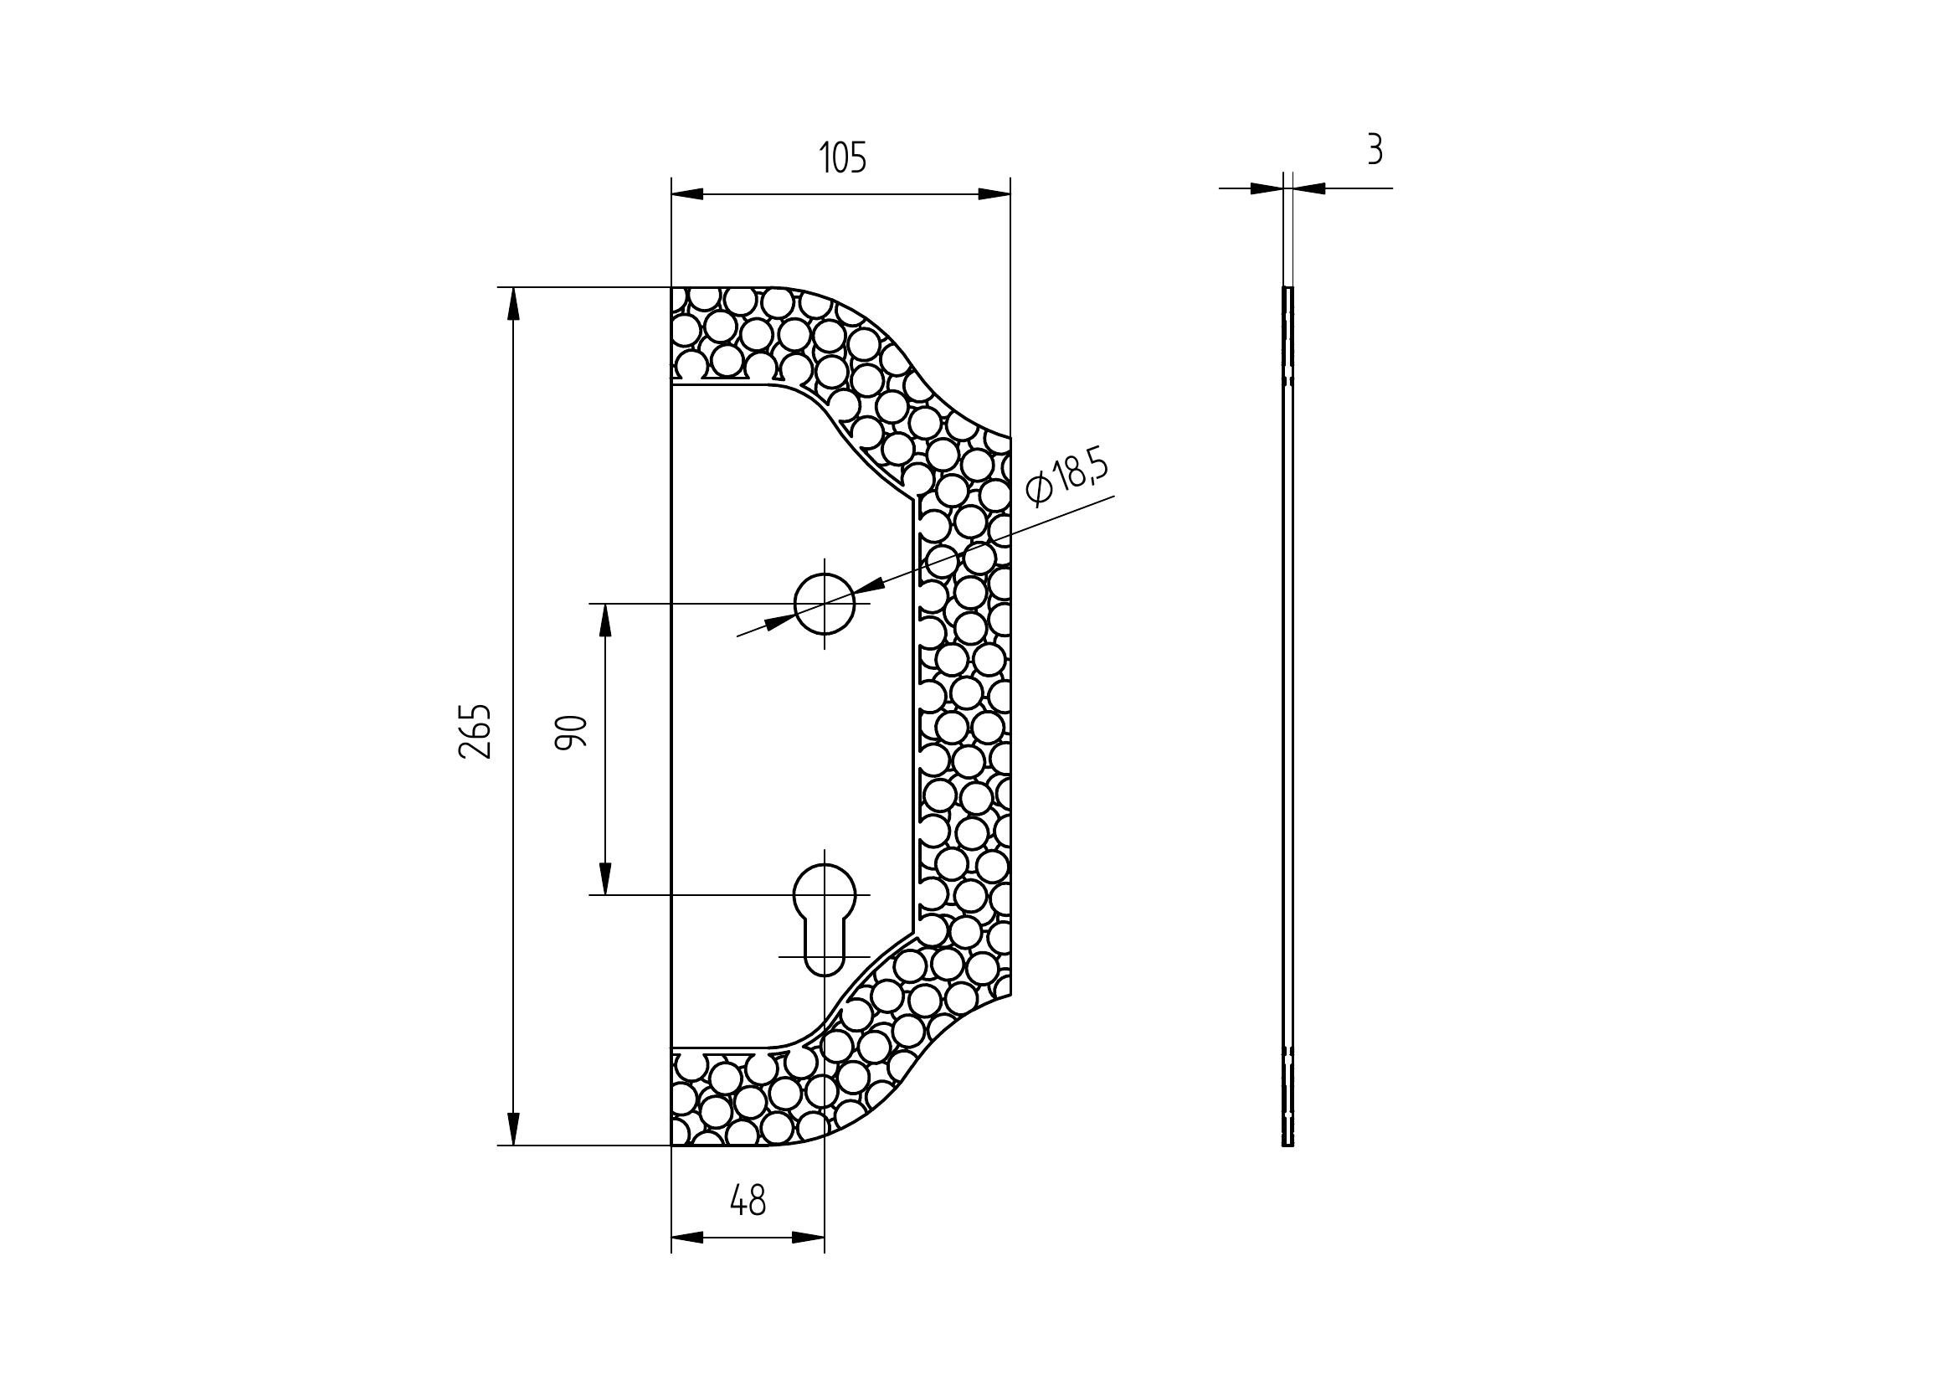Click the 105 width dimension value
click(843, 158)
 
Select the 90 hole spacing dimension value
click(572, 733)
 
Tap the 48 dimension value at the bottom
click(748, 1201)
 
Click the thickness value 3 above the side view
click(1374, 150)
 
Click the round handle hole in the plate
click(824, 603)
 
